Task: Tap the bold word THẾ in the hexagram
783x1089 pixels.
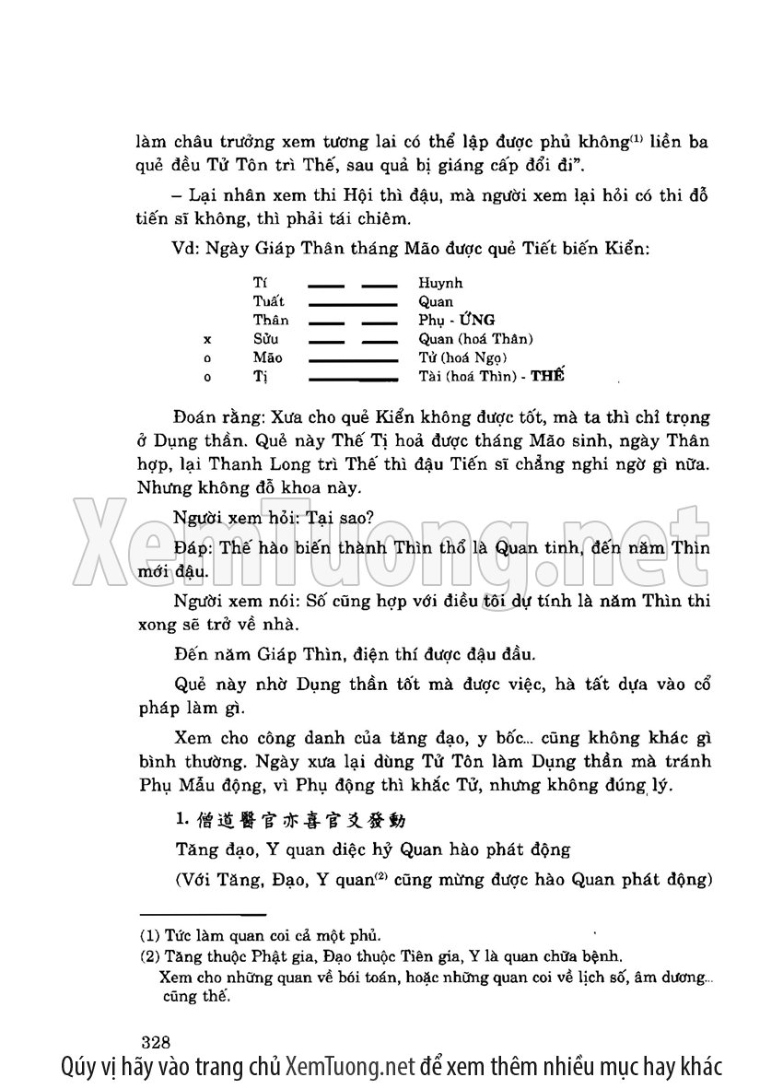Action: [x=547, y=377]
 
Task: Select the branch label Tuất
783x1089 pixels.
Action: [x=269, y=302]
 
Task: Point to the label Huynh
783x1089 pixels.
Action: [x=440, y=283]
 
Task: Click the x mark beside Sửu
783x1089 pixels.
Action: [x=207, y=340]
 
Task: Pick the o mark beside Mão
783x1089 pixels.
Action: [x=207, y=358]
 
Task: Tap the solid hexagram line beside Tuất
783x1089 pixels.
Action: [x=352, y=302]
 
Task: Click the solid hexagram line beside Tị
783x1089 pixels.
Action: [x=352, y=378]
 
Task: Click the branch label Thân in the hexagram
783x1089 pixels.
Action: [x=271, y=321]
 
